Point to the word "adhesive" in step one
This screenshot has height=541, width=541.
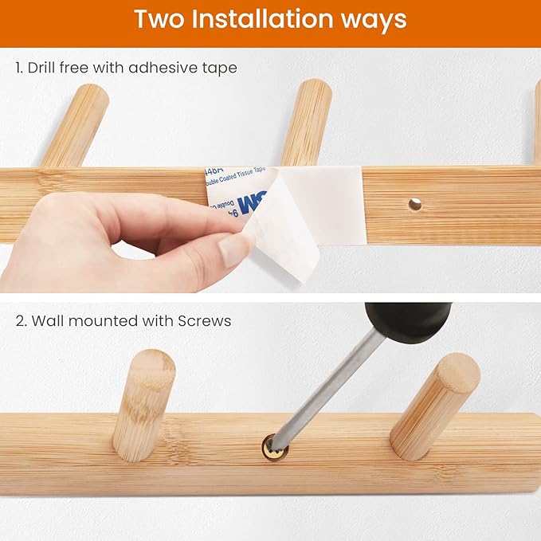160,68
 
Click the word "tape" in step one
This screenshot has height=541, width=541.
219,69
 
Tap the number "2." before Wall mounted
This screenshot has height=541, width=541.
20,321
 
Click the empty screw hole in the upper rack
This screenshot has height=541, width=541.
414,205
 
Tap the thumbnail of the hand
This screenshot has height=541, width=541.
237,248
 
